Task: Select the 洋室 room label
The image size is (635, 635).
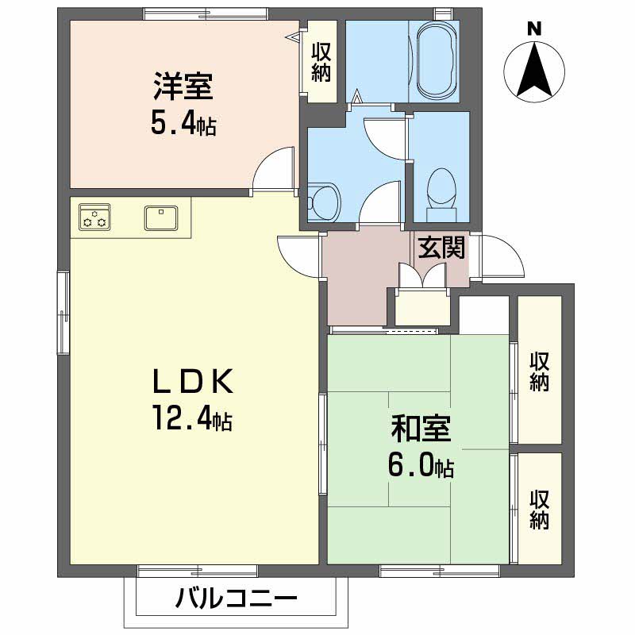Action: (183, 87)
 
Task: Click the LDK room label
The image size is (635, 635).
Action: (192, 383)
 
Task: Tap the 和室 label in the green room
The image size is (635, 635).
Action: (420, 430)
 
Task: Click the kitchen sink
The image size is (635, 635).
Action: (162, 217)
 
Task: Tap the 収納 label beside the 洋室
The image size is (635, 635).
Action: (321, 62)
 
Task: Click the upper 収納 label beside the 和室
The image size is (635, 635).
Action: (540, 371)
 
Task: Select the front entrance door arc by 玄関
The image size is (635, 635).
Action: (498, 256)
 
